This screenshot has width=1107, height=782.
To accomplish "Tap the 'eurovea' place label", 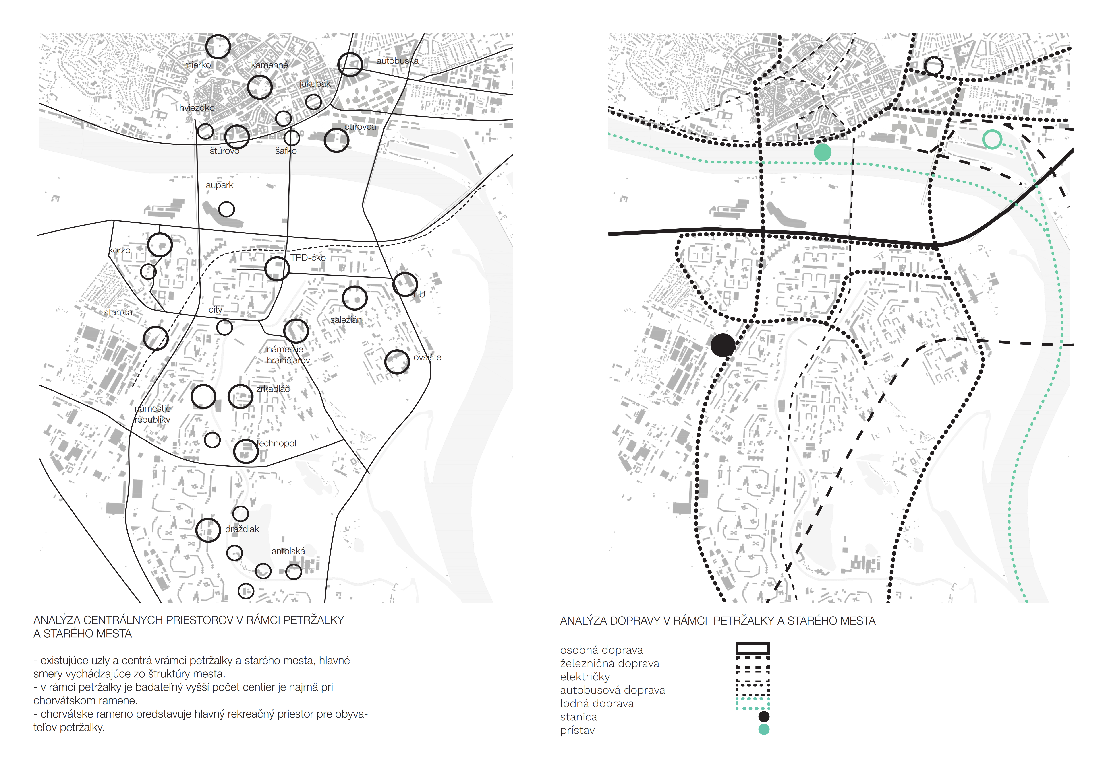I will point(360,127).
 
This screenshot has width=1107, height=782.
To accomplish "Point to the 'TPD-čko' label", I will point(308,258).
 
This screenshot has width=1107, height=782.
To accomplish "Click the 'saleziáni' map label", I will point(347,320).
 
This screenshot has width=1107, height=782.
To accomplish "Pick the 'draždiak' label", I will point(242,529).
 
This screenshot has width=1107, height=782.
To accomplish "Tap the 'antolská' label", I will point(288,551).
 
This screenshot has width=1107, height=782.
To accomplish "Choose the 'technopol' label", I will point(276,443).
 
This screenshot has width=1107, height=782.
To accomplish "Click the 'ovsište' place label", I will point(427,358).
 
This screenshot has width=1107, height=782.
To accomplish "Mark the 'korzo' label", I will point(120,251).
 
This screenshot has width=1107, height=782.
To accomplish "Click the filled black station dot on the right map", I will point(723,345).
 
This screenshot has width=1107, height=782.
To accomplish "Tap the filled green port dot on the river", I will point(823,152).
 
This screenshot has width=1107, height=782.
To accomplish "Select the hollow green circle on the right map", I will point(992,140).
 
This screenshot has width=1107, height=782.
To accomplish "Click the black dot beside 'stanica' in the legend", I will point(764,716).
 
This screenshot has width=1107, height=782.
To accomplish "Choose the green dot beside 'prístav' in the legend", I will point(764,729).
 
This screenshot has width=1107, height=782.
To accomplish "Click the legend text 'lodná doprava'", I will point(597,704).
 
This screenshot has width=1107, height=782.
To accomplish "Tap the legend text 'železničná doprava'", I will point(609,663).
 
